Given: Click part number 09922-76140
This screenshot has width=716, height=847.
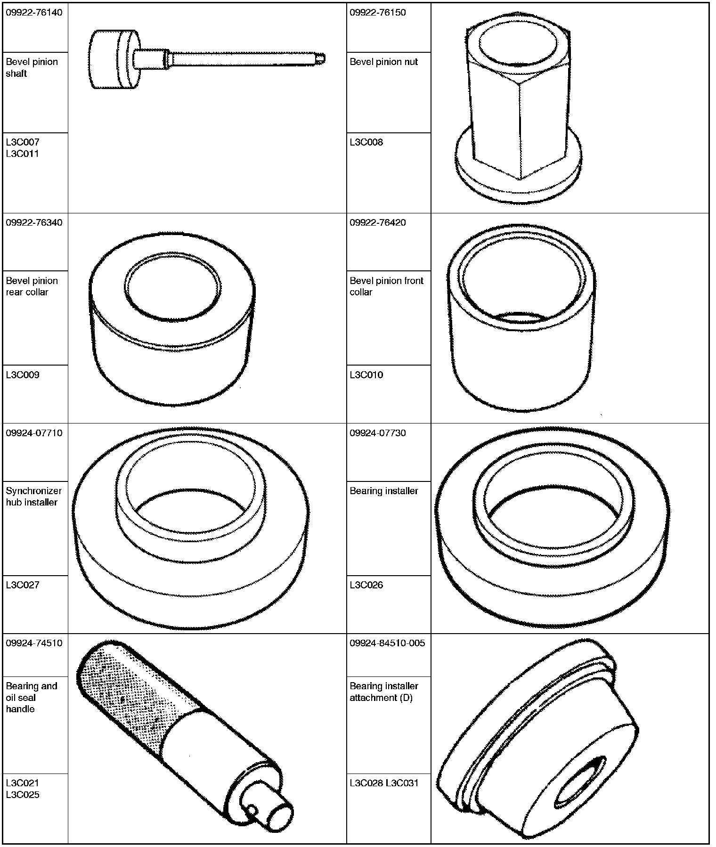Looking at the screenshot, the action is pyautogui.click(x=34, y=12).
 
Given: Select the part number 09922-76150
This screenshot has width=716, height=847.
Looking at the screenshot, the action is pyautogui.click(x=378, y=12).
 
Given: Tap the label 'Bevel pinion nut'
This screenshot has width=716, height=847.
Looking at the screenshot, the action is pyautogui.click(x=384, y=62).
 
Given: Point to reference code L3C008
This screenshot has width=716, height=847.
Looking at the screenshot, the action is pyautogui.click(x=366, y=142).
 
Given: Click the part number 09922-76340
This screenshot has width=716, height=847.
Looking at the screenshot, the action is pyautogui.click(x=34, y=222).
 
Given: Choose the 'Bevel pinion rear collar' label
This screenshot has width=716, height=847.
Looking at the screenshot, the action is pyautogui.click(x=32, y=286).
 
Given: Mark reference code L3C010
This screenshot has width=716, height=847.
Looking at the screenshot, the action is pyautogui.click(x=366, y=375).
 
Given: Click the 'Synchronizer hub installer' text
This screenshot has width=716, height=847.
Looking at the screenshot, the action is pyautogui.click(x=34, y=497).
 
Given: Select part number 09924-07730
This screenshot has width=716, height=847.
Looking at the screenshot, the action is pyautogui.click(x=378, y=433).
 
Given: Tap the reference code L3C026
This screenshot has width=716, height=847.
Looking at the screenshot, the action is pyautogui.click(x=366, y=585).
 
